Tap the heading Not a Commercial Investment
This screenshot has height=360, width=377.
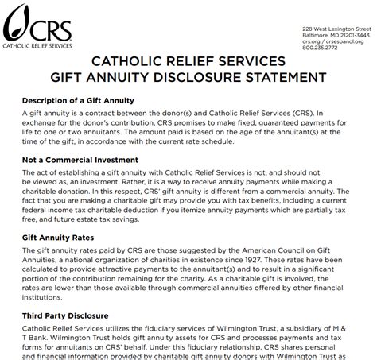point(82,159)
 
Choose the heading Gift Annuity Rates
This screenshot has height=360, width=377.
point(59,238)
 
